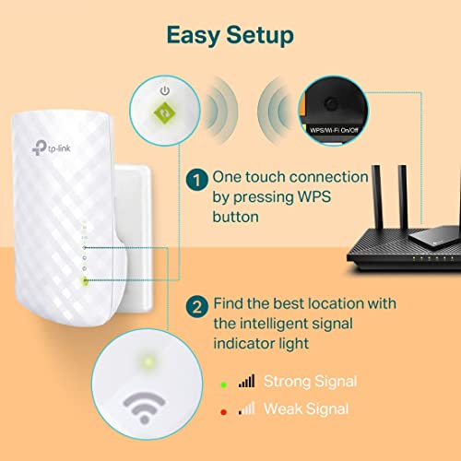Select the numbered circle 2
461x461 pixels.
point(195,304)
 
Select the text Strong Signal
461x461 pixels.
point(310,381)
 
